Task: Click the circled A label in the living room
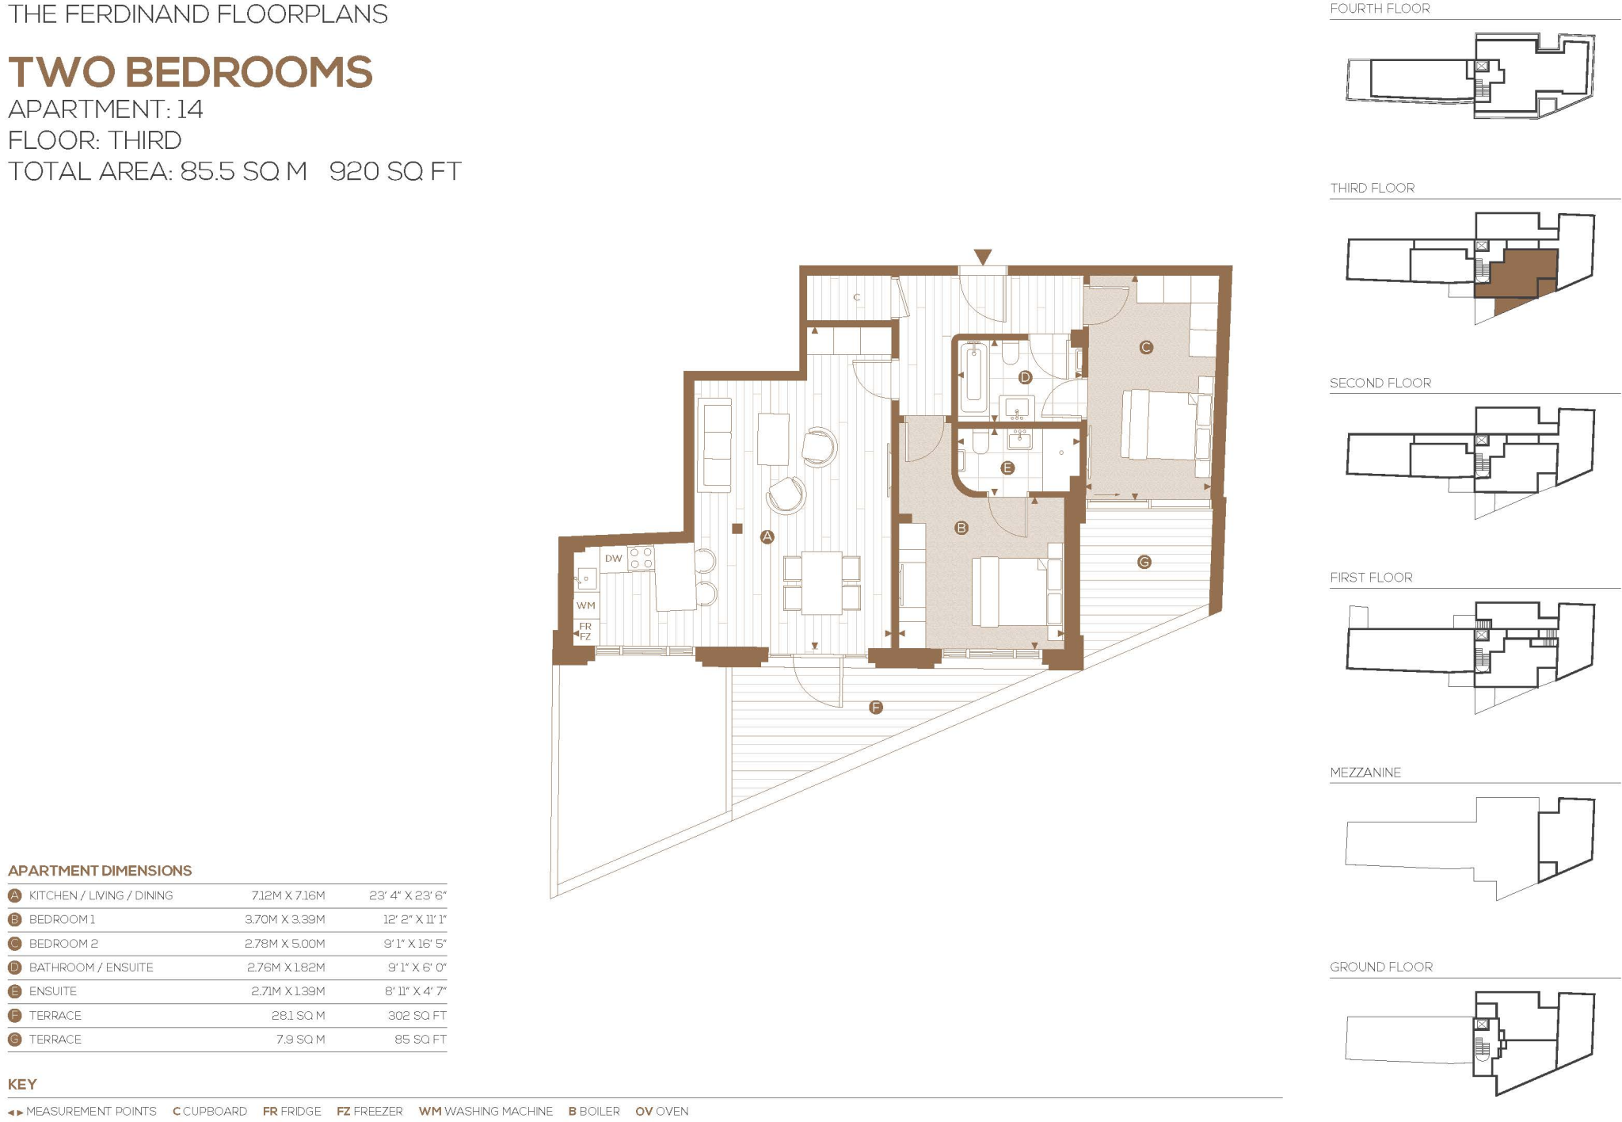coord(767,536)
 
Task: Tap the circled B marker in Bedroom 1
coord(961,528)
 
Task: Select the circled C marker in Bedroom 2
coord(1145,347)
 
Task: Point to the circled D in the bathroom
coord(1025,377)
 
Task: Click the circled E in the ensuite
coord(1007,467)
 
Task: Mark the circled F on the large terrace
coord(875,707)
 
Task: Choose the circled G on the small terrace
coord(1144,562)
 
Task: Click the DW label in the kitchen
coord(613,559)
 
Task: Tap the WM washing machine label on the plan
coord(585,605)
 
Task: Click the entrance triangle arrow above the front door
coord(982,257)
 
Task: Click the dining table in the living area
coord(821,582)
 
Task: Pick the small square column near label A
coord(737,529)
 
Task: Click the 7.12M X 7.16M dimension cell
coord(287,895)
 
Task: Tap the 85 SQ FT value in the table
coord(420,1039)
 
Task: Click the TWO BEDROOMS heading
coord(190,72)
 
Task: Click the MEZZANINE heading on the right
coord(1365,773)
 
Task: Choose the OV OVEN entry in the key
coord(661,1111)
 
